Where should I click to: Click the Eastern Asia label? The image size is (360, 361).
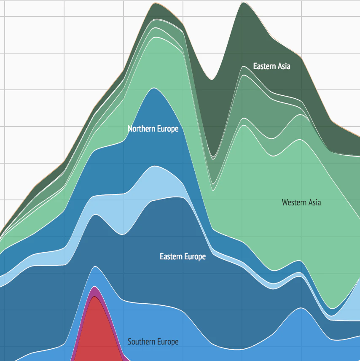pos(271,66)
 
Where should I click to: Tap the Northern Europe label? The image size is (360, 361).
pos(153,129)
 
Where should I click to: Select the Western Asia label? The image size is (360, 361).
pos(301,202)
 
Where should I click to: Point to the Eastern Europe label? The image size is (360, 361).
pos(183,256)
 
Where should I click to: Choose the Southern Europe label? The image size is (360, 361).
pos(153,342)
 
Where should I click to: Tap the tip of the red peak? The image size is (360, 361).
pos(96,298)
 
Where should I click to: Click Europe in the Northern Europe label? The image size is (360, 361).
pos(168,129)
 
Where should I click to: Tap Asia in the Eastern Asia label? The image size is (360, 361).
pos(284,66)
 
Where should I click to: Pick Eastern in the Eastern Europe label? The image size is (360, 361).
pos(171,256)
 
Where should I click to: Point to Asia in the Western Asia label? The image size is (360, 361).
pos(314,202)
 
